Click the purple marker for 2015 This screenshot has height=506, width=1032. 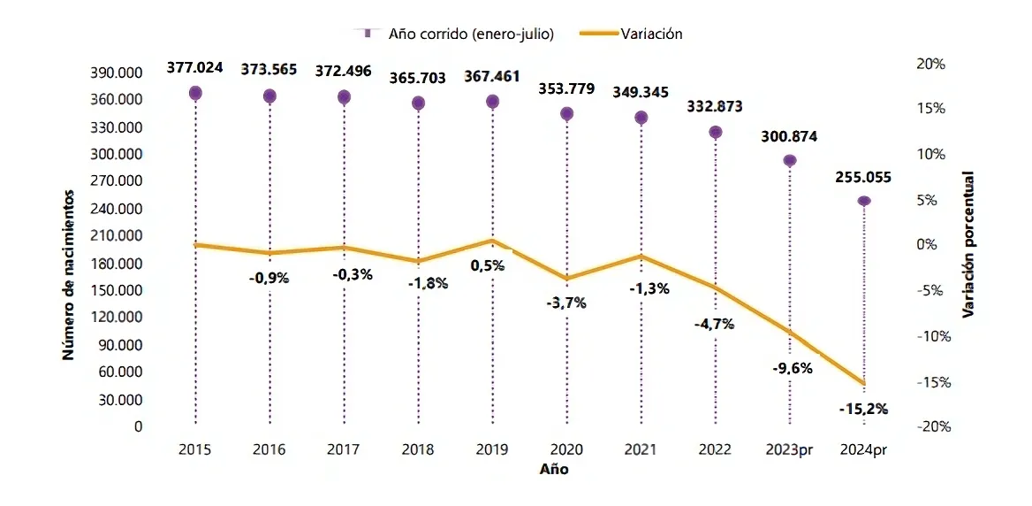pyautogui.click(x=195, y=93)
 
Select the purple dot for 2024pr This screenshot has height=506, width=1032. pyautogui.click(x=864, y=201)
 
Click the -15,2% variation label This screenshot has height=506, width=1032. pyautogui.click(x=863, y=409)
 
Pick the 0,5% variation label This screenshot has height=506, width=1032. pyautogui.click(x=488, y=265)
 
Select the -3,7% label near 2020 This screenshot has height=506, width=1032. pyautogui.click(x=566, y=303)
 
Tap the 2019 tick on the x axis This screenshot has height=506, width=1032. pyautogui.click(x=492, y=450)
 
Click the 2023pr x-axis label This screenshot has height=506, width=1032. pyautogui.click(x=789, y=450)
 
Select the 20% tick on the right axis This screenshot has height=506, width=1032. pyautogui.click(x=931, y=64)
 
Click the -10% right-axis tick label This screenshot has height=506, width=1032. pyautogui.click(x=933, y=336)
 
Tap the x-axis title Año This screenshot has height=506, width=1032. pyautogui.click(x=554, y=470)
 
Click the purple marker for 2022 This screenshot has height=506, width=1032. pyautogui.click(x=716, y=132)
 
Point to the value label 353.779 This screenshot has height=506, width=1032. pyautogui.click(x=566, y=88)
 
